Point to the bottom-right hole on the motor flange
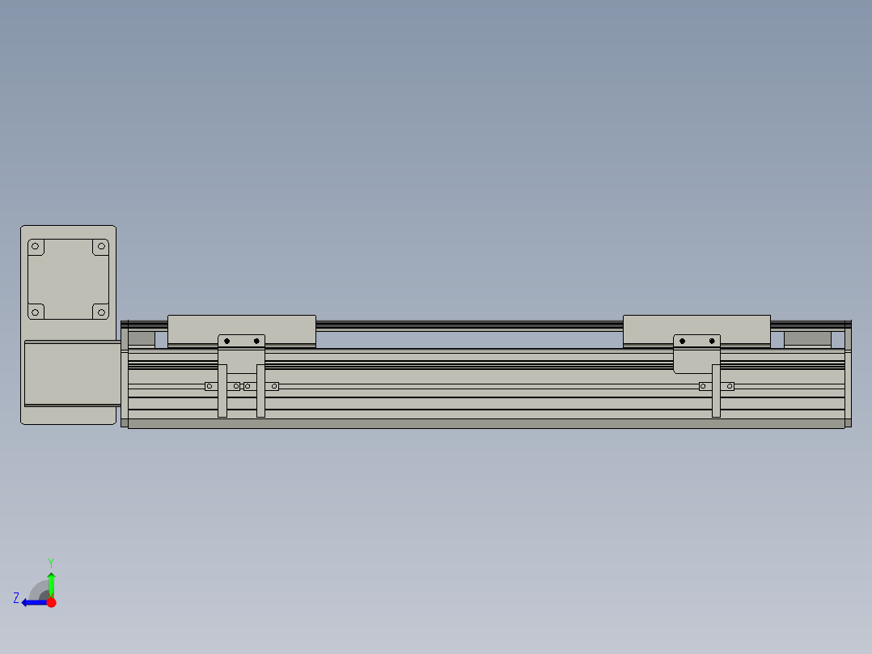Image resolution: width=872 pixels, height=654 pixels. (x=100, y=311)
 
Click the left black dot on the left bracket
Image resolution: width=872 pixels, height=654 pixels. (x=227, y=341)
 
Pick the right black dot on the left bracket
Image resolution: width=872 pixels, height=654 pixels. (x=256, y=341)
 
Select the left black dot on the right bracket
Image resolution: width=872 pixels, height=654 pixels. (x=683, y=341)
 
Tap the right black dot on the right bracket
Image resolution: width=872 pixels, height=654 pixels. (x=712, y=341)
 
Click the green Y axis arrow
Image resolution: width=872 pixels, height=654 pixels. (x=51, y=582)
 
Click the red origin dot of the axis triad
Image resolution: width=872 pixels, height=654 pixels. (x=51, y=602)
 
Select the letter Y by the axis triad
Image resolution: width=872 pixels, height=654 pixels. (x=50, y=562)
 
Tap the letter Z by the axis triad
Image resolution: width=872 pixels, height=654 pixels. (x=16, y=598)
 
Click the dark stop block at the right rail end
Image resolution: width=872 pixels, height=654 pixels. (x=807, y=339)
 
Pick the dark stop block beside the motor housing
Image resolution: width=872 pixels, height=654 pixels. (x=142, y=339)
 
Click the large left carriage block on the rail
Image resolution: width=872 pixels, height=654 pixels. (x=241, y=329)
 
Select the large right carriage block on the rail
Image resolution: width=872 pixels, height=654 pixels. (x=696, y=329)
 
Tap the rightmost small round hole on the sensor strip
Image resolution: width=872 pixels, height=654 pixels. (x=730, y=386)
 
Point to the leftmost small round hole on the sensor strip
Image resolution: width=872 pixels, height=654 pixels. (x=210, y=386)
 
